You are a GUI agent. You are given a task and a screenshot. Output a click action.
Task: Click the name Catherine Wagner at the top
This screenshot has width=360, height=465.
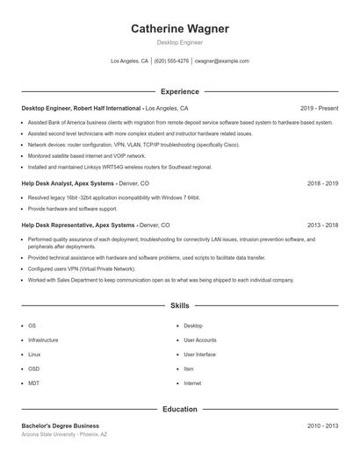[x=179, y=28]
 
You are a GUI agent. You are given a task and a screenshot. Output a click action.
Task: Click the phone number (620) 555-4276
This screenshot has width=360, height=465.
[x=171, y=61]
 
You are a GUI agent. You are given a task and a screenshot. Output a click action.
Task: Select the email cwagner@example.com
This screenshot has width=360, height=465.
[x=221, y=61]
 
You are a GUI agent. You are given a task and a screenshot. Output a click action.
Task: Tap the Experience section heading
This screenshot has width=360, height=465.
[x=179, y=91]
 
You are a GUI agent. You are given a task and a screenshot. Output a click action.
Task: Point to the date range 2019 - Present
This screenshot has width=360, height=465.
[x=319, y=108]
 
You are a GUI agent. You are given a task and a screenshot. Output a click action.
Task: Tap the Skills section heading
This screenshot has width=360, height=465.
[x=179, y=305]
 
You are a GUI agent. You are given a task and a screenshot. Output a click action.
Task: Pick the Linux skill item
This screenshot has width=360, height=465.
[x=33, y=354]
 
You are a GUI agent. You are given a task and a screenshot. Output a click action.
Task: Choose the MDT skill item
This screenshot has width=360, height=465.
[x=33, y=383]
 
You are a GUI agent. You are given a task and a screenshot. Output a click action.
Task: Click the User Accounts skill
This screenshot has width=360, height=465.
[x=199, y=340]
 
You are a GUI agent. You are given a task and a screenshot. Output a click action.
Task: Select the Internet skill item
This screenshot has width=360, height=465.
[x=192, y=383]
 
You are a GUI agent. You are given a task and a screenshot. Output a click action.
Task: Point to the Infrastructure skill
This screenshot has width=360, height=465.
[x=43, y=340]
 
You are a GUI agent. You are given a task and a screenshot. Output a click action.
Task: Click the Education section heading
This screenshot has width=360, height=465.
[x=179, y=408]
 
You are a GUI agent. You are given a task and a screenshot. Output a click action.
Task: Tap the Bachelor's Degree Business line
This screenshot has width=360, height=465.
[x=61, y=425]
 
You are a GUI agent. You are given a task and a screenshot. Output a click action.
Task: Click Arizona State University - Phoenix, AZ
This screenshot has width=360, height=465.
[x=64, y=434]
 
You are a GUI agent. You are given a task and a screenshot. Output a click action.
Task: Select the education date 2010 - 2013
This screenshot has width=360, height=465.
[x=322, y=425]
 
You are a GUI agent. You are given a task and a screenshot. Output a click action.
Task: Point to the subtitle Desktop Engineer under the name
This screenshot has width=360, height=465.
[x=179, y=41]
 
